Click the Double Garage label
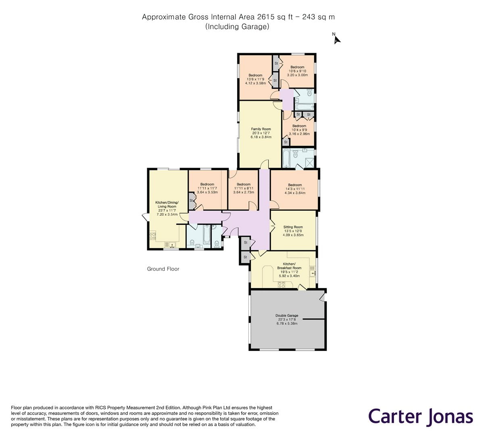287,316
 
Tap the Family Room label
261,129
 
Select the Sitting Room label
293,227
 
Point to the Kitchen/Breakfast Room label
289,266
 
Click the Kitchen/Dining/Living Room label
167,204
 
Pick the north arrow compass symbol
337,39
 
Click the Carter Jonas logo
420,416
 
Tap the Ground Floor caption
163,269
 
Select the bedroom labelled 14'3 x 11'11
295,189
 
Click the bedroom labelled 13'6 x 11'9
255,79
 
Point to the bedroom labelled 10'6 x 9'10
297,71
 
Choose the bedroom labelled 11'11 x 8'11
244,188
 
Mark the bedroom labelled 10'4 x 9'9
299,130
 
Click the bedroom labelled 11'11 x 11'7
207,188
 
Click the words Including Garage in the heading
237,27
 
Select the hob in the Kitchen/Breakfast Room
282,284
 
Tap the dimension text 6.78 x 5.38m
287,324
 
